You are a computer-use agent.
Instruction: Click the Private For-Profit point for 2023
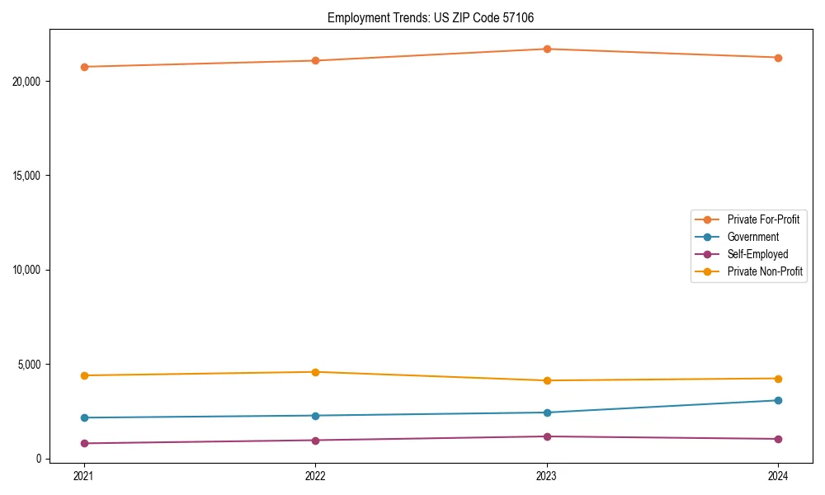tap(546, 49)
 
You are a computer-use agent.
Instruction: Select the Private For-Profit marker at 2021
tap(83, 67)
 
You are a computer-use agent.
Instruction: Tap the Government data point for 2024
tap(778, 400)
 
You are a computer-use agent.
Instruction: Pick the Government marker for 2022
tap(315, 416)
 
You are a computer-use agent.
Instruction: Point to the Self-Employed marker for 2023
tap(546, 436)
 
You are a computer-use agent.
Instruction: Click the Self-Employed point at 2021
tap(83, 443)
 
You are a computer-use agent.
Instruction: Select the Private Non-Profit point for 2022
tap(315, 372)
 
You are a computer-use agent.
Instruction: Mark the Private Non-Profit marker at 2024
tap(778, 379)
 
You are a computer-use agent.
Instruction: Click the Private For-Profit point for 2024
tap(778, 58)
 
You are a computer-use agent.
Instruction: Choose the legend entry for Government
tap(752, 237)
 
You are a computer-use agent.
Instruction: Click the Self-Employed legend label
tap(757, 254)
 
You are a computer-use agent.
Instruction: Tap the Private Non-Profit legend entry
tap(765, 271)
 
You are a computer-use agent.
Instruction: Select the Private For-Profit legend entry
tap(763, 219)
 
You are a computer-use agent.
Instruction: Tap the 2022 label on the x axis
tap(315, 475)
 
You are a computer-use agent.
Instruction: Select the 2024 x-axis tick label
tap(778, 475)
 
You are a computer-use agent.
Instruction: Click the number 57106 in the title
tap(524, 17)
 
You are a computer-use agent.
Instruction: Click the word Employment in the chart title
tap(353, 17)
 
